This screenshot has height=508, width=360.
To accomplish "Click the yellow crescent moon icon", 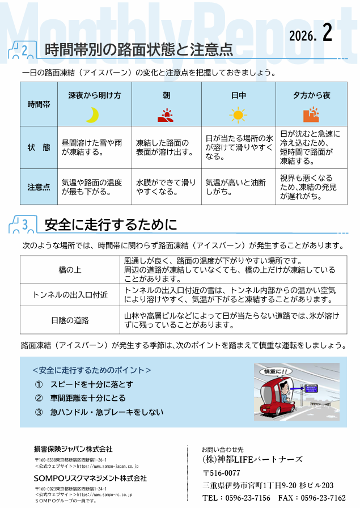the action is [x=92, y=115].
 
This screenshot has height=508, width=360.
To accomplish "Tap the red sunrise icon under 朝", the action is [x=166, y=115].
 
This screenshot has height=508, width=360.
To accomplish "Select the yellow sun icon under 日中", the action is [x=238, y=115].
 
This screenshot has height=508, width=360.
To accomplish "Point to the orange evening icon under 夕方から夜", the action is [x=311, y=115].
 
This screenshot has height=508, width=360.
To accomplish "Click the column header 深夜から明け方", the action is [x=95, y=95].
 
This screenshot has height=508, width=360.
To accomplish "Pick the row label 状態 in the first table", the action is [x=39, y=147].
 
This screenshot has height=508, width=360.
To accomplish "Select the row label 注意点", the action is [x=39, y=187].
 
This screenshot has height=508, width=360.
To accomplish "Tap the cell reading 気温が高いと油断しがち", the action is [x=236, y=187].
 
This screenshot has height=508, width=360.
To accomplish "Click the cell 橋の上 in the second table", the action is [x=70, y=269].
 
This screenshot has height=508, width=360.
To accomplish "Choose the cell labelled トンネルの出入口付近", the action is [x=70, y=295].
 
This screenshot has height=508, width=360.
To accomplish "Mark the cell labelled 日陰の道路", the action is [x=70, y=320].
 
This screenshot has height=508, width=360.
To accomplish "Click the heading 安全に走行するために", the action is [x=111, y=225].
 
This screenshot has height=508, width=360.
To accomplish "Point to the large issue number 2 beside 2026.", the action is [x=327, y=33].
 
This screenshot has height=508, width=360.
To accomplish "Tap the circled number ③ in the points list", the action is [x=39, y=412].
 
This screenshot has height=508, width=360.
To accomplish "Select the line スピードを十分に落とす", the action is [x=92, y=384].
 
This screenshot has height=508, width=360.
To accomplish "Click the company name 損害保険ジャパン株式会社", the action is [x=73, y=449].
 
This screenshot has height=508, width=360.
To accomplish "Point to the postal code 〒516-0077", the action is [x=222, y=473].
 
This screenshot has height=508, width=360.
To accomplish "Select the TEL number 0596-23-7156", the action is [x=248, y=498].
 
